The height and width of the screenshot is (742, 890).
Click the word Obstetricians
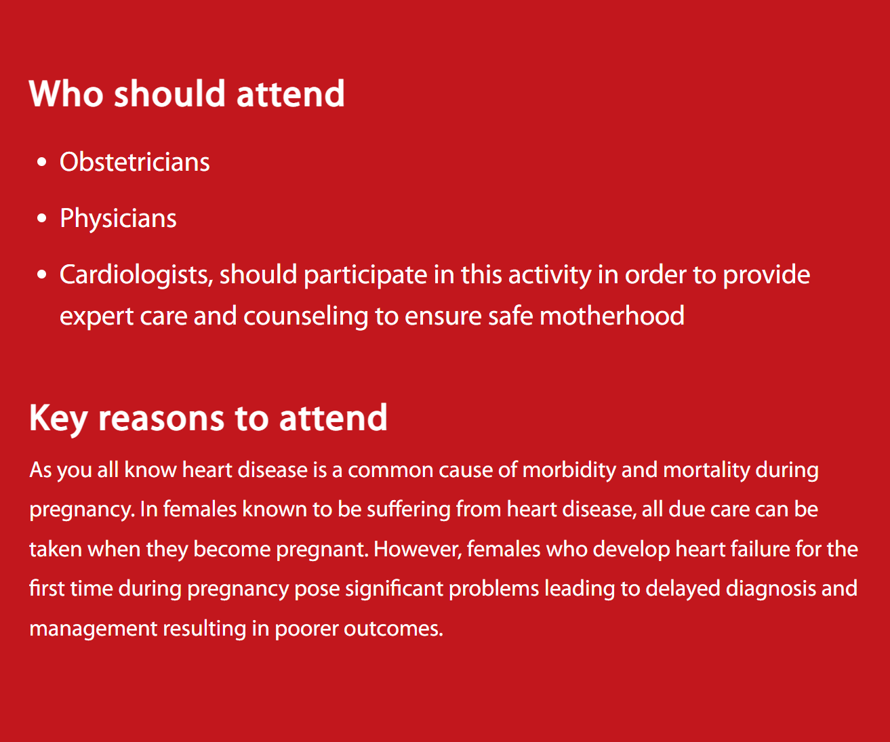coord(135,162)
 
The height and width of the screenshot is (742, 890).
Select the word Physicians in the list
coord(118,219)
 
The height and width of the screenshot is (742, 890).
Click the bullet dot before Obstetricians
coord(41,162)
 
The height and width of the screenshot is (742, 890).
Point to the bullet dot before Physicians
coord(41,218)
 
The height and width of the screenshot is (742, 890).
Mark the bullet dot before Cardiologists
coord(41,274)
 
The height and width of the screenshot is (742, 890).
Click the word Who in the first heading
coord(66,94)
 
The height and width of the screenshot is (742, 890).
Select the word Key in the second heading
coord(58,419)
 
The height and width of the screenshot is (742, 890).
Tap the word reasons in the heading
coord(161,419)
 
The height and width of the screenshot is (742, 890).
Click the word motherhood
coord(611,316)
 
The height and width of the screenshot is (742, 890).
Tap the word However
coord(418,549)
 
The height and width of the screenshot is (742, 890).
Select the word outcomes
coord(393,629)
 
